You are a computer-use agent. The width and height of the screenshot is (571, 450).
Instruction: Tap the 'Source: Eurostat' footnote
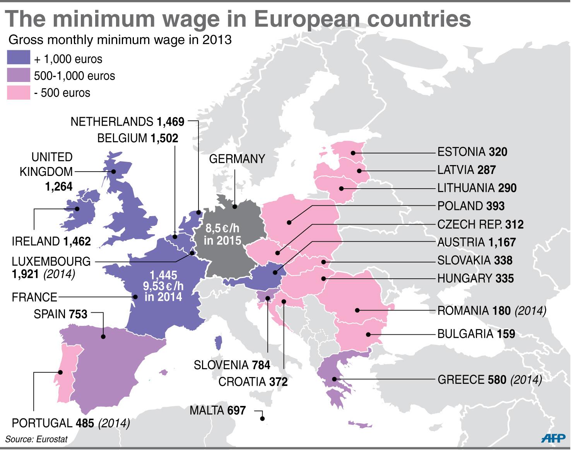(36, 439)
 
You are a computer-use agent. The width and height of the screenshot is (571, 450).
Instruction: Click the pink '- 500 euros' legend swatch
(19, 93)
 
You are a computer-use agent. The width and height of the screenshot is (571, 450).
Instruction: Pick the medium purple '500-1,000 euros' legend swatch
(19, 75)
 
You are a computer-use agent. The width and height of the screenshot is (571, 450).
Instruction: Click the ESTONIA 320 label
(472, 152)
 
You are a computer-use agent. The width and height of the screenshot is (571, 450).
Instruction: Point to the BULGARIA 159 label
(476, 334)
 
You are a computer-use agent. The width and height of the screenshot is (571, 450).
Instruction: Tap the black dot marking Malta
(262, 418)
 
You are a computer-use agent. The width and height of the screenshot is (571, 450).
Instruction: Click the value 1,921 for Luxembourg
(26, 274)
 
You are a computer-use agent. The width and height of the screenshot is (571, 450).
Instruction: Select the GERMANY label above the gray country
(237, 159)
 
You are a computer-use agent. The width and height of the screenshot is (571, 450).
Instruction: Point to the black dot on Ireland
(77, 209)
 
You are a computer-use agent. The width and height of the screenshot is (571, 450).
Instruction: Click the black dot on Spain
(103, 337)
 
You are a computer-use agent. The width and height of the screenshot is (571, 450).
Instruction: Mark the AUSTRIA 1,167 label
(476, 242)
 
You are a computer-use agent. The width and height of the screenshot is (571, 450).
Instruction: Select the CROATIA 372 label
(253, 382)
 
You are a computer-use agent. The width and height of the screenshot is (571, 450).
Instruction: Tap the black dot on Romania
(357, 310)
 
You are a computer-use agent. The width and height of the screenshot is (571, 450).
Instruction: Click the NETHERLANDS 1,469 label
(127, 122)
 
